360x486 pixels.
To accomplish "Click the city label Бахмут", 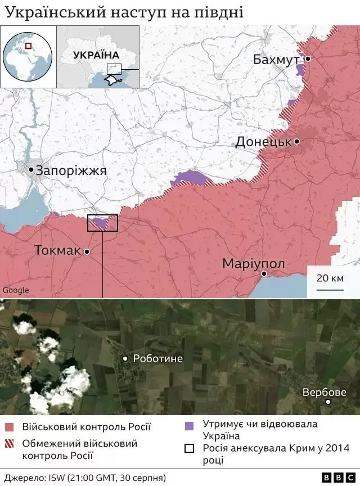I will click(276, 59).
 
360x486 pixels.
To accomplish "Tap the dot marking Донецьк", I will click(296, 142).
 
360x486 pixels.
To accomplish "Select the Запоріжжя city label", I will click(71, 171).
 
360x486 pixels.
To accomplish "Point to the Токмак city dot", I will click(87, 252).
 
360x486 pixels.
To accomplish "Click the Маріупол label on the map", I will click(254, 264).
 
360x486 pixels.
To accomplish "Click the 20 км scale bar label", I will click(330, 278).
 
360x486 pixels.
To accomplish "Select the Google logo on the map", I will click(16, 290).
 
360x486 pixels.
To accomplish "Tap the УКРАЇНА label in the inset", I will click(96, 55).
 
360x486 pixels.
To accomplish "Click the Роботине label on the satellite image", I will click(157, 358).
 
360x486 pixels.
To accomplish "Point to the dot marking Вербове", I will click(328, 402).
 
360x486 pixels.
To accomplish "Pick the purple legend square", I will click(189, 425).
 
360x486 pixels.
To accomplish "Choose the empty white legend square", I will click(189, 448).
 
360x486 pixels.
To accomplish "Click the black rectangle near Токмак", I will click(102, 223).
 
